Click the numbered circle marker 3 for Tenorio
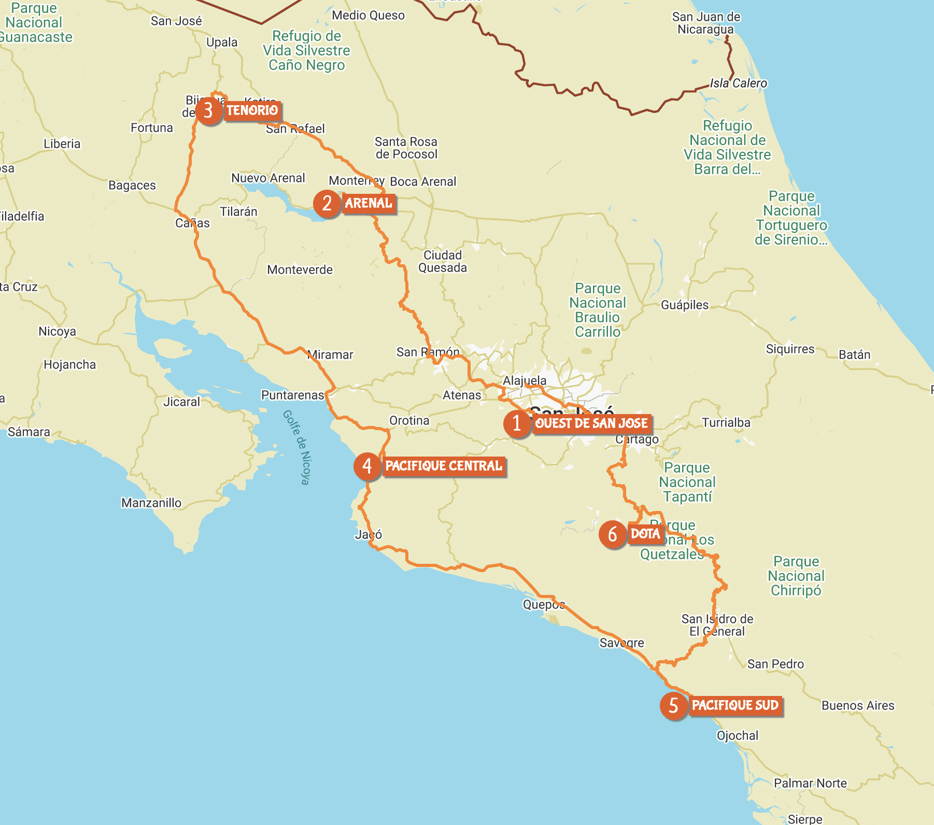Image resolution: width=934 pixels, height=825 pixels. (208, 110)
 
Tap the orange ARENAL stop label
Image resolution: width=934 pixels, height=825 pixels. (369, 203)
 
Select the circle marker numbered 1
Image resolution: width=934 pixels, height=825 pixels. (517, 423)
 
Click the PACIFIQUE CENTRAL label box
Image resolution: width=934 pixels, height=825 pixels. (444, 466)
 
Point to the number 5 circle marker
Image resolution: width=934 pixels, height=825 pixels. (673, 705)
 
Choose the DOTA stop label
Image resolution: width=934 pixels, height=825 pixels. (645, 534)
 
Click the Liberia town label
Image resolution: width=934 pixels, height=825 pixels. (62, 144)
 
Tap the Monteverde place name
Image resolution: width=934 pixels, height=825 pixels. (300, 269)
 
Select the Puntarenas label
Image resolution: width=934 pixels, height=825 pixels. (292, 395)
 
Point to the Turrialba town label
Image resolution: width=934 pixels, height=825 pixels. (726, 423)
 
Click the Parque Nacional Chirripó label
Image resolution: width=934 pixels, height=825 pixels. (796, 576)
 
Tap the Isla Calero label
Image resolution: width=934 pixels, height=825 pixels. (738, 83)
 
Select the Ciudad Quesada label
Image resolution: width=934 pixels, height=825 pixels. (442, 261)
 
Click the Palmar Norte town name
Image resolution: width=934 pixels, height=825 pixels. (810, 783)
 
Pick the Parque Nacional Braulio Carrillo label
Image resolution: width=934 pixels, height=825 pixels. (598, 310)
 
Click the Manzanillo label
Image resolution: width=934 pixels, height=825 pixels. (151, 503)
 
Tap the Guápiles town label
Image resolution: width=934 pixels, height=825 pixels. (684, 305)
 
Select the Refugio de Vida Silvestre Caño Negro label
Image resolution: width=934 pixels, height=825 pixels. (306, 50)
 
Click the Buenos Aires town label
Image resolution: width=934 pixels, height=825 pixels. (858, 705)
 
